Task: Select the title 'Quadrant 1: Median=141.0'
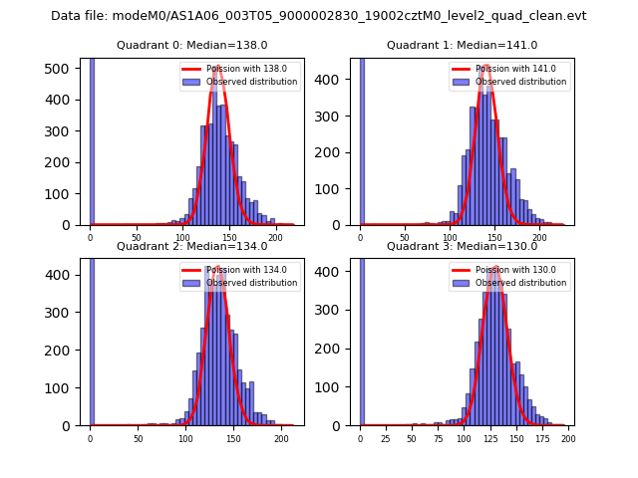click(462, 45)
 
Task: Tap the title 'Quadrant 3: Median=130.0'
click(462, 246)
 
